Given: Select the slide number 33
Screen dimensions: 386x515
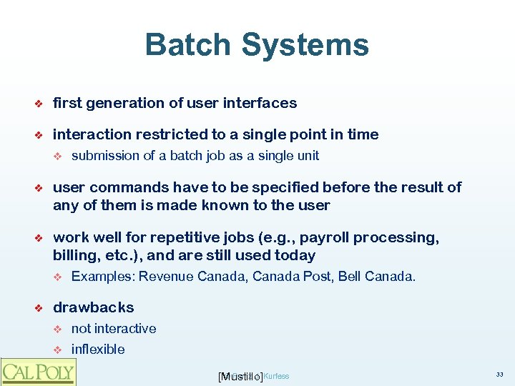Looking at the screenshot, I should point(499,375).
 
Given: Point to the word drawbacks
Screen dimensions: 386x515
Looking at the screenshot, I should point(93,307).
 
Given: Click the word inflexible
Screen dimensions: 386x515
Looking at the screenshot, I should point(98,350).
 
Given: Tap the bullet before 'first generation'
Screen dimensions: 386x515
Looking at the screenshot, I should point(41,104).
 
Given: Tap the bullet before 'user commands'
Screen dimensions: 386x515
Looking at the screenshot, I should point(41,188).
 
